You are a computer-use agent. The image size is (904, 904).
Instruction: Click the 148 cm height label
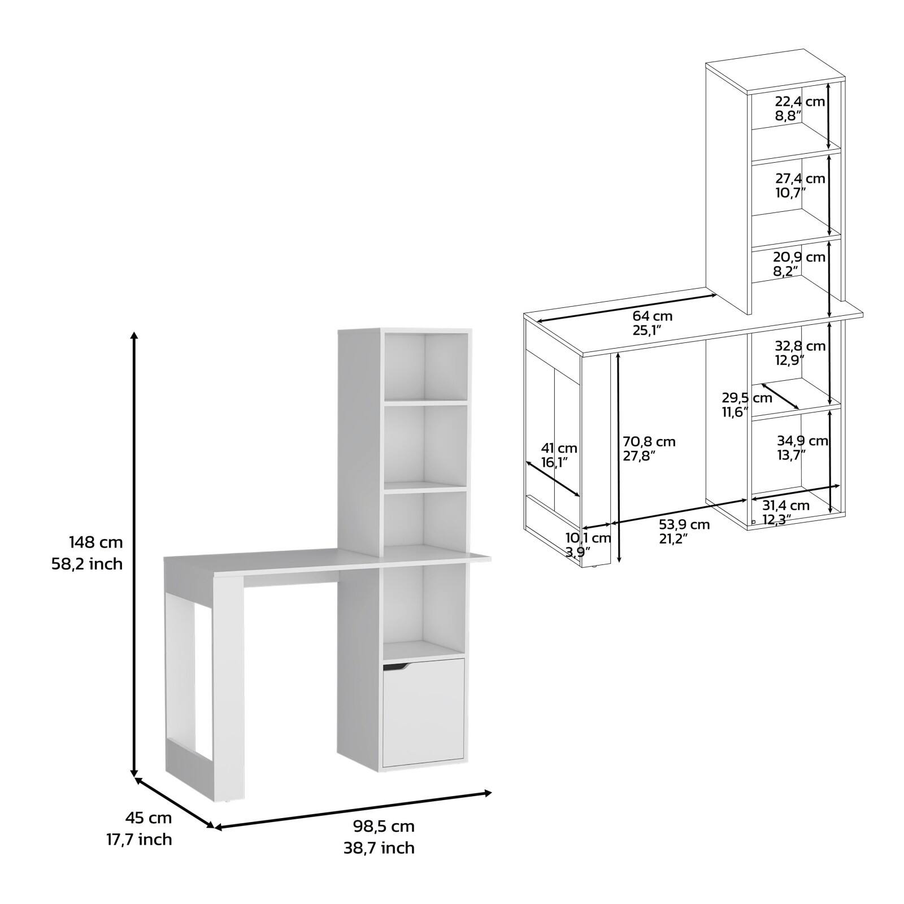tap(95, 542)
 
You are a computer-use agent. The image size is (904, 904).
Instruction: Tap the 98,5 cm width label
tap(384, 826)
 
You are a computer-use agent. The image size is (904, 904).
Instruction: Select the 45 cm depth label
tap(148, 818)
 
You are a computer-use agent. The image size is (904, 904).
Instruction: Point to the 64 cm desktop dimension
tap(652, 316)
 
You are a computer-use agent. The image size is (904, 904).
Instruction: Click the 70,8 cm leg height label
tap(649, 441)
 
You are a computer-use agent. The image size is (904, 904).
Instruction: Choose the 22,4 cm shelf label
tap(799, 102)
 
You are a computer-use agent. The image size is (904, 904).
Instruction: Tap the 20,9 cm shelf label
tap(799, 257)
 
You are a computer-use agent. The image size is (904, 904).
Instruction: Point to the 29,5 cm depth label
tap(746, 398)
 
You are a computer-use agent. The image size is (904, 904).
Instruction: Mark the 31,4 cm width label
tap(785, 505)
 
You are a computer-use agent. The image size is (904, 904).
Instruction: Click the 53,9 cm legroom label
tap(684, 524)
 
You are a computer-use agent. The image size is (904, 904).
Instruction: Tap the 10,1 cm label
tap(588, 538)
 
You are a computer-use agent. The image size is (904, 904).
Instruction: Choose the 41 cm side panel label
tap(559, 449)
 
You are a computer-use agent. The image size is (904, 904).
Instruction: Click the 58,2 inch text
tap(87, 564)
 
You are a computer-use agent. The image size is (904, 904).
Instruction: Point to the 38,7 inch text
tap(379, 847)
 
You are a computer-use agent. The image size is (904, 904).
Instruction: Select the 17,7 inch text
tap(139, 840)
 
